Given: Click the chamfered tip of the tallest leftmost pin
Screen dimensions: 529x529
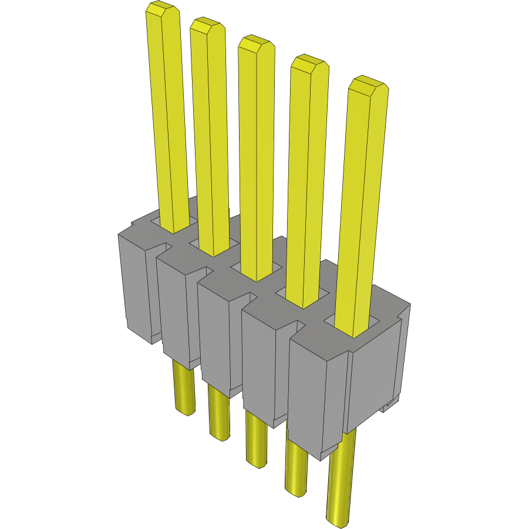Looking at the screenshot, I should click(x=162, y=9).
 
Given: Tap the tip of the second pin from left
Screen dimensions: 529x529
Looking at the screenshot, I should click(x=207, y=25).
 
